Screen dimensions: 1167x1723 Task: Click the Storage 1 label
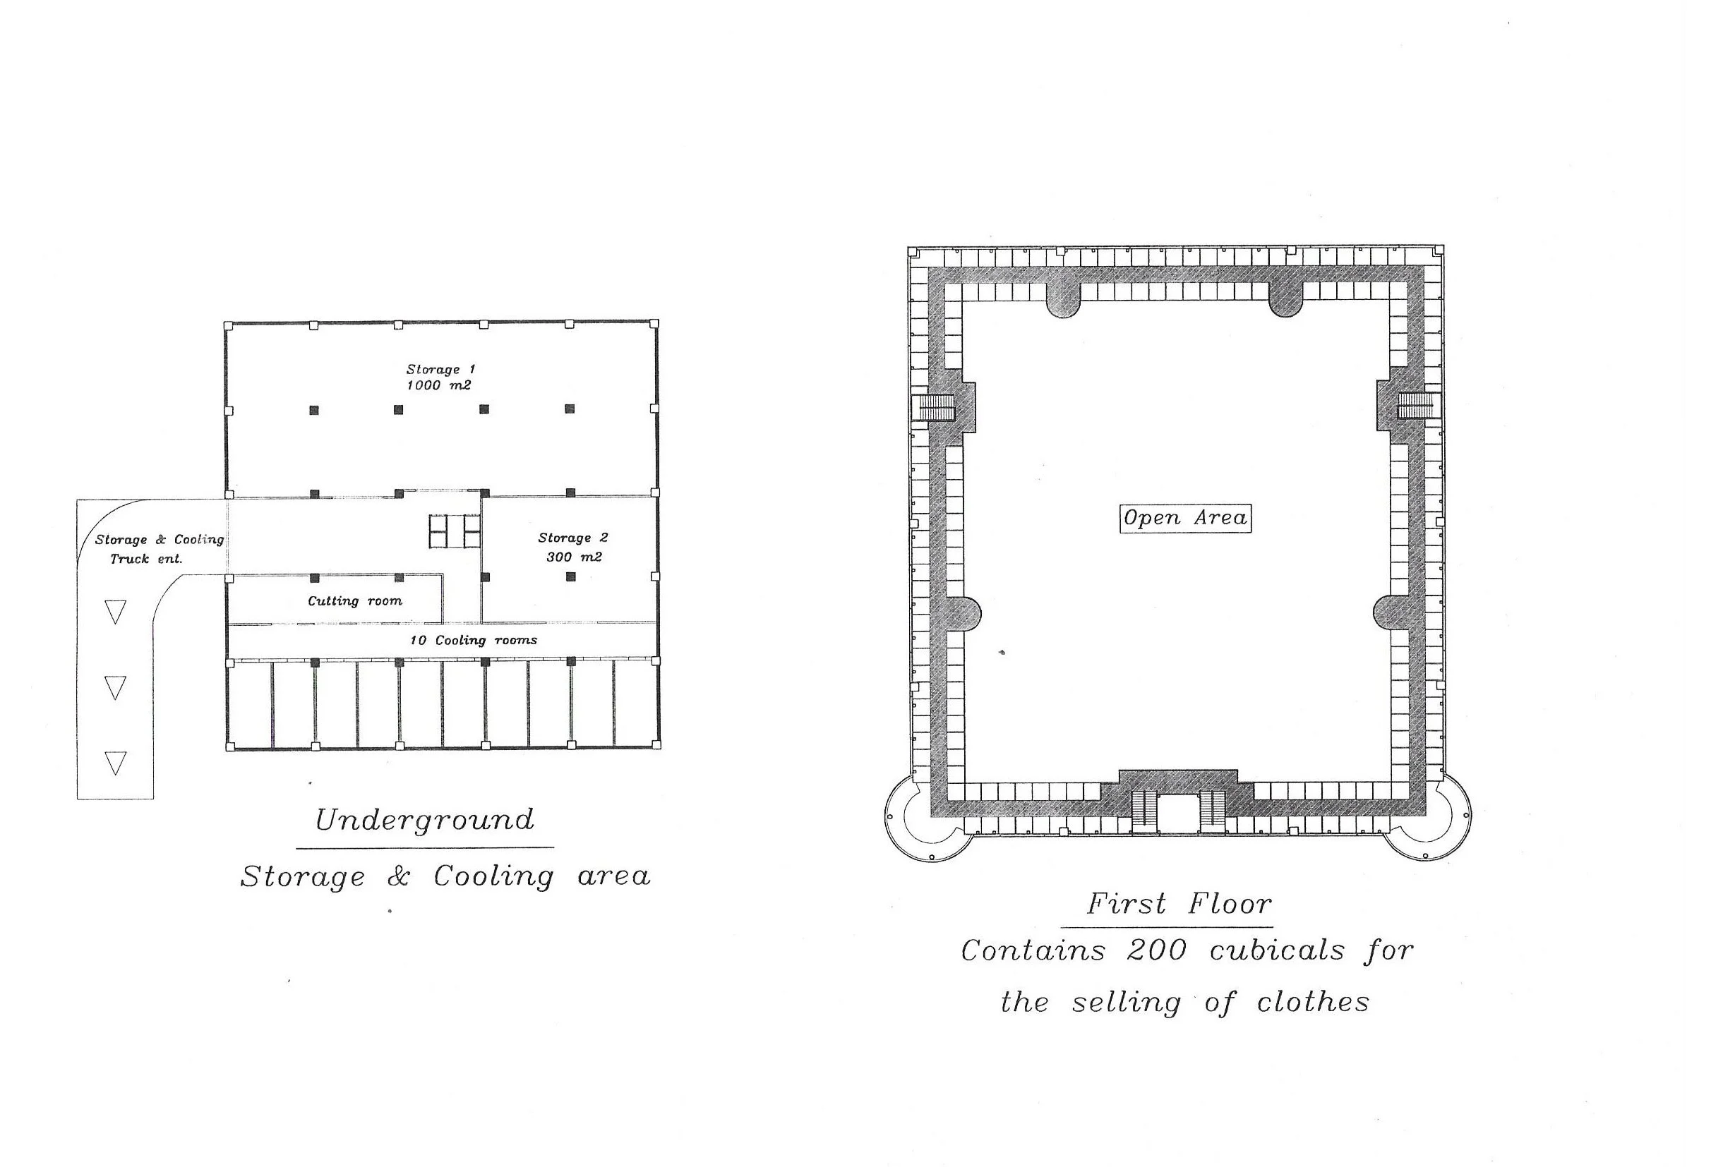coord(440,369)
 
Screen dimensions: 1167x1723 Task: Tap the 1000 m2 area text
coord(439,385)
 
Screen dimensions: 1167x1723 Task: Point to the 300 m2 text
coord(574,557)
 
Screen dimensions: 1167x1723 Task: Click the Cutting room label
coord(355,601)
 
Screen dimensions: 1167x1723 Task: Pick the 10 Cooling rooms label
coord(474,640)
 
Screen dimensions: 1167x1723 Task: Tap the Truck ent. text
coord(146,559)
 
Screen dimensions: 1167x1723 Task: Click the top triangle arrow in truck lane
coord(115,611)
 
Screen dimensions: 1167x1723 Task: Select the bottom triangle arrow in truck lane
coord(115,763)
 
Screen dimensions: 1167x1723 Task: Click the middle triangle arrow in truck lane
coord(115,688)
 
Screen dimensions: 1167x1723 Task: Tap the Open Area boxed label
coord(1184,518)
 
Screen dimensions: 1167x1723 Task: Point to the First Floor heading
coord(1179,905)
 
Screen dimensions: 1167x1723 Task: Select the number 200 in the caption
coord(1157,950)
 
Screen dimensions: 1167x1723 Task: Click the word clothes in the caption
coord(1312,1003)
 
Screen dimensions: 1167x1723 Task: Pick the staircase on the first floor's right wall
coord(1417,406)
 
